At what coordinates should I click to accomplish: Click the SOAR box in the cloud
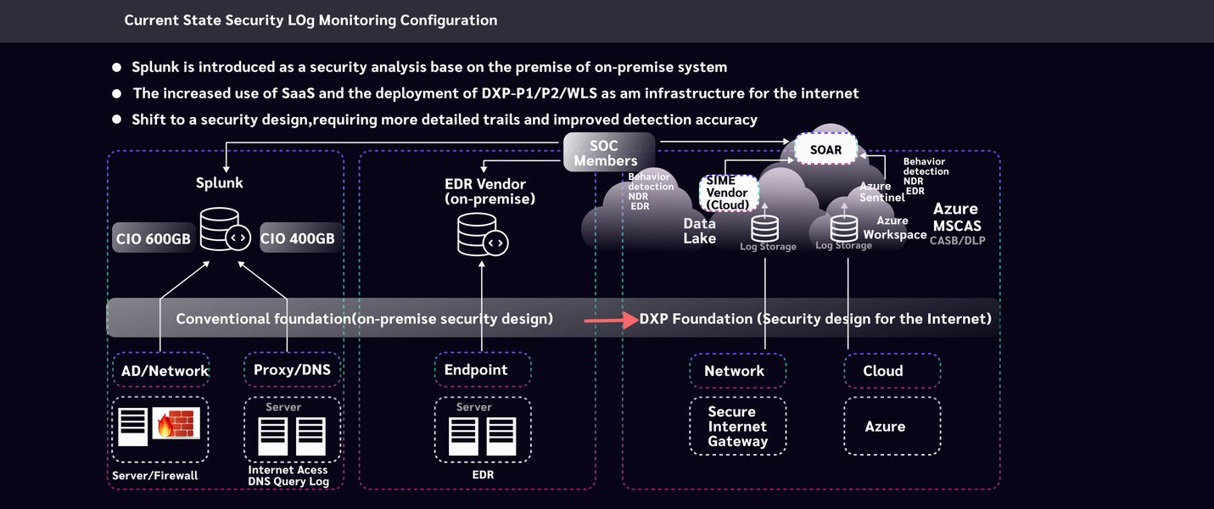(825, 149)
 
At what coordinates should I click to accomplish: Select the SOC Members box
(610, 153)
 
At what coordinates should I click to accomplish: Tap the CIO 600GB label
(154, 238)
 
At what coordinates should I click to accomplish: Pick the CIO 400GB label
(298, 238)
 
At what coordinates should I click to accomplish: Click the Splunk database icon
(225, 230)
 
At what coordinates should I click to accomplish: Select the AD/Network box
(160, 371)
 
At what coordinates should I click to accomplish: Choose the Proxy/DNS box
(292, 370)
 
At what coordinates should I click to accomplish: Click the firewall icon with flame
(176, 422)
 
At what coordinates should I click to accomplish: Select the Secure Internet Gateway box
(737, 427)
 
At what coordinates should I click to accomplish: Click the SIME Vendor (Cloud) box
(728, 193)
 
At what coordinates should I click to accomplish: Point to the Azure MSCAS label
(956, 217)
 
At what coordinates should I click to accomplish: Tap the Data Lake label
(700, 231)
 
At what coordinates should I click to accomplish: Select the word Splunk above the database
(220, 182)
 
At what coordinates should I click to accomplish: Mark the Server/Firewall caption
(155, 475)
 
